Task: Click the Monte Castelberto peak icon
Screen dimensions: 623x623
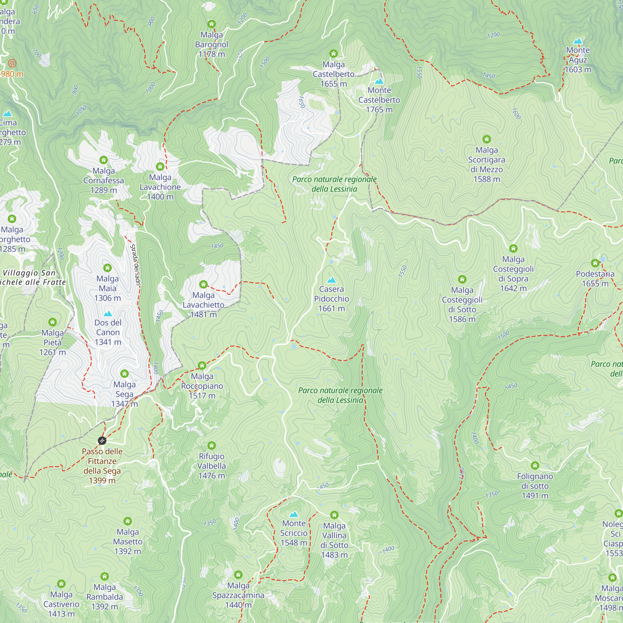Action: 379,81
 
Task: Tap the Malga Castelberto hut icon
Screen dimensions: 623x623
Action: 333,54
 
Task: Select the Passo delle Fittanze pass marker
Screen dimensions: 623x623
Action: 102,440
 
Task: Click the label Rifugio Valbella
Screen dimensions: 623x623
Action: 212,461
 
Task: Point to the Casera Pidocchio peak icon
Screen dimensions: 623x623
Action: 331,280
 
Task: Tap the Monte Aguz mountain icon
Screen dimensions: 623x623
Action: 578,41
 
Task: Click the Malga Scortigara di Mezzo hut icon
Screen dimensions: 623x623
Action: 487,139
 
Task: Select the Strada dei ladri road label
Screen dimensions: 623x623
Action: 136,265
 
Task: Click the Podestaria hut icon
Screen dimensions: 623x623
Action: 595,263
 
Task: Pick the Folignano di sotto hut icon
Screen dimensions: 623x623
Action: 535,465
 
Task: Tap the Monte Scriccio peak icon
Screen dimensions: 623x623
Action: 293,514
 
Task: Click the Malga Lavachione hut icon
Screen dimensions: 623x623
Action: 160,166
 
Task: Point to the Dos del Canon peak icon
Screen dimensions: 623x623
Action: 108,313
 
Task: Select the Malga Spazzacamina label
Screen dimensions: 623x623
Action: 238,590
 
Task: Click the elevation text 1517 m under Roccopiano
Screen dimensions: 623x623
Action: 202,396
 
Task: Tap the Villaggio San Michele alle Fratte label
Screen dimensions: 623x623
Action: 32,277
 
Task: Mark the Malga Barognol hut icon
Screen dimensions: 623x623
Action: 212,24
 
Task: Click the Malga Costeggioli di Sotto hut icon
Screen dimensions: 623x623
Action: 462,279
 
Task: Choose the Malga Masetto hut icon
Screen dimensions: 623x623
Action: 128,521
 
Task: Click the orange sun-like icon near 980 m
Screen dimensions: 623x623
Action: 12,63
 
